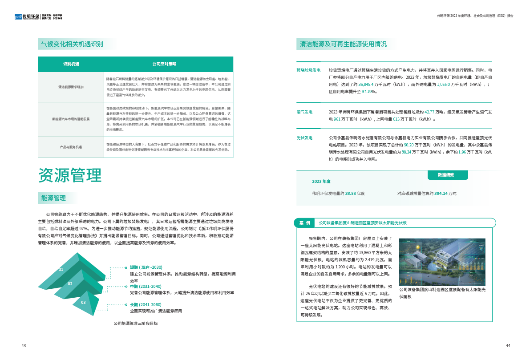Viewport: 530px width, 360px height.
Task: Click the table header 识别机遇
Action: (71, 64)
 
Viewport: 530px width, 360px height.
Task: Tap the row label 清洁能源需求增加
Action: (71, 87)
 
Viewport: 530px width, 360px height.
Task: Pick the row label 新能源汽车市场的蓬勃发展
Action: (71, 119)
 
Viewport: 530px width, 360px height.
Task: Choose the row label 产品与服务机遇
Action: (71, 147)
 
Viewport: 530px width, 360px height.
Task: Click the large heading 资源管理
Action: (70, 176)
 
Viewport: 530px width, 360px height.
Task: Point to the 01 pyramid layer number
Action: (61, 270)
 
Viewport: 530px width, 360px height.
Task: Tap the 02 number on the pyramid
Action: (70, 283)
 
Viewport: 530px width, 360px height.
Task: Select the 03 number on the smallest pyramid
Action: (83, 302)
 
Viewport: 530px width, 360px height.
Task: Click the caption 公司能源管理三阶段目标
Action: (136, 324)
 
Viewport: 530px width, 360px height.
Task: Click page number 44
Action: (508, 346)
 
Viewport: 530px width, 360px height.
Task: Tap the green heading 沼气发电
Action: (305, 112)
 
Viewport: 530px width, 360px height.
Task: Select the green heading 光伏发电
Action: (305, 138)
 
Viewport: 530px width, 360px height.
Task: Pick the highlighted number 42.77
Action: (417, 112)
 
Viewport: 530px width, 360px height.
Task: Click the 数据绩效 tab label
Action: (445, 175)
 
